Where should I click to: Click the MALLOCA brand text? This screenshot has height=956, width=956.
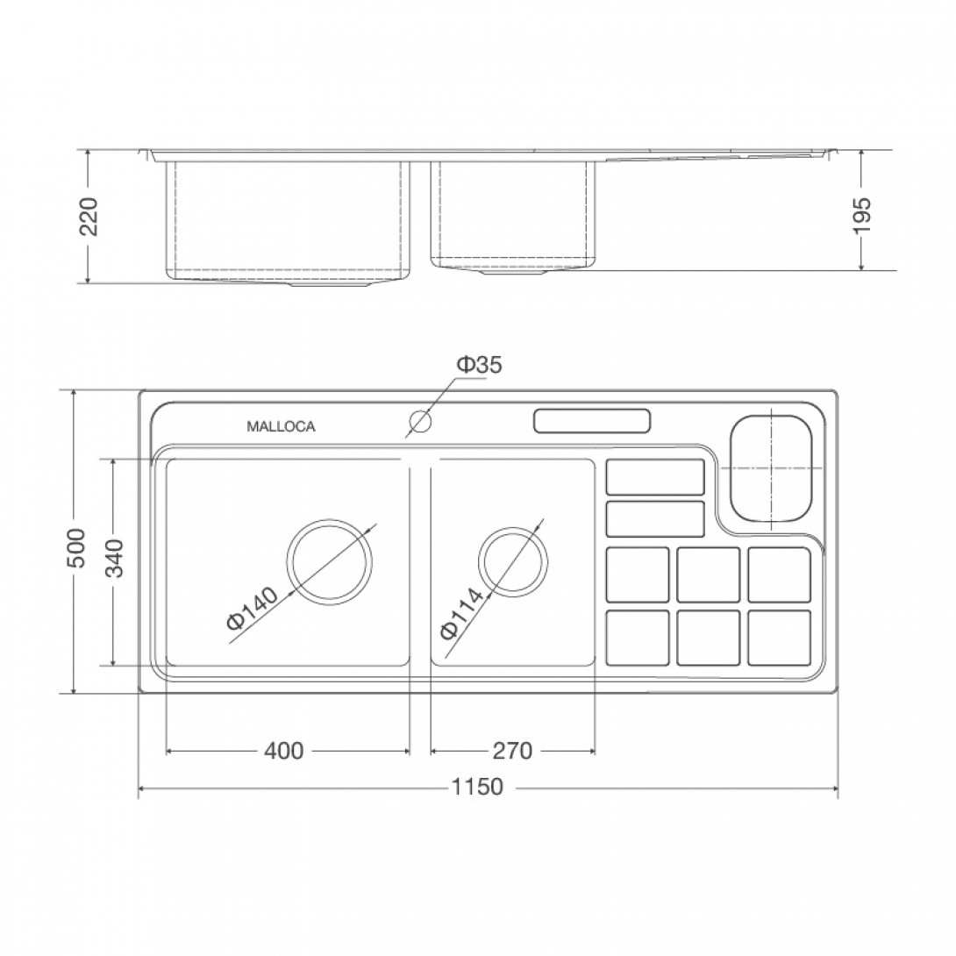click(281, 427)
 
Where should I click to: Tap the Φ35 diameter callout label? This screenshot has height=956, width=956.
click(479, 365)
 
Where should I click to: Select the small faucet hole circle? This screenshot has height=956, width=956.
click(420, 421)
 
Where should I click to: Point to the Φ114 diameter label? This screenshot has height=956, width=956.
click(461, 613)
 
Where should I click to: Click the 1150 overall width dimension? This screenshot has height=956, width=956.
click(477, 787)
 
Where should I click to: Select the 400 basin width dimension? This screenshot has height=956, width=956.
click(283, 751)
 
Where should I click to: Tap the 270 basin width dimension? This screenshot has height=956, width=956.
click(512, 751)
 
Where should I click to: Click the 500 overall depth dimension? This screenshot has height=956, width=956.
click(77, 548)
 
